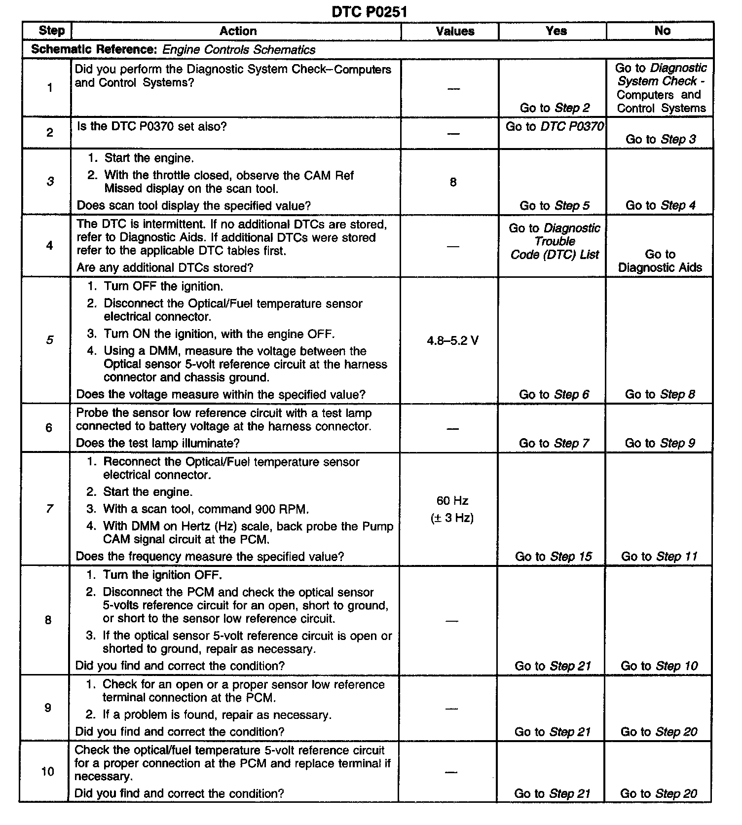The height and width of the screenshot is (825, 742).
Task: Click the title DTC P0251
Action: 370,11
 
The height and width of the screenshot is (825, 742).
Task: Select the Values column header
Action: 455,31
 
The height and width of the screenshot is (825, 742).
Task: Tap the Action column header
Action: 238,31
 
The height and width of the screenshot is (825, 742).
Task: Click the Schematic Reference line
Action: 173,50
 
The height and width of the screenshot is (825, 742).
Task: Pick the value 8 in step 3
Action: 453,182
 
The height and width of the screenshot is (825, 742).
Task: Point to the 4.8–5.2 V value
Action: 452,340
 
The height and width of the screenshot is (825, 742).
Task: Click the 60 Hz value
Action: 452,501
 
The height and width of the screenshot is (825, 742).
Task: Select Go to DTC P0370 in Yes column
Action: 555,127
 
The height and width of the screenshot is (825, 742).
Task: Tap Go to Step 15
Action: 553,557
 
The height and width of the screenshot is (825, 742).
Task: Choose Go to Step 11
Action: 659,557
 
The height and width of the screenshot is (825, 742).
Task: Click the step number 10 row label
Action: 47,771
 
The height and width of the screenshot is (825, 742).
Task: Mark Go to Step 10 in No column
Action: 659,666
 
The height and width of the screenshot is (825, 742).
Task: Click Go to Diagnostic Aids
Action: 660,261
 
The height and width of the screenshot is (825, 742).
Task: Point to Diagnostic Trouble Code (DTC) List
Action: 555,241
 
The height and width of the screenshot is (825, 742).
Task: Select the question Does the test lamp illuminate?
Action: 157,443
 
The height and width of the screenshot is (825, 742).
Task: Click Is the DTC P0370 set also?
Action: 152,126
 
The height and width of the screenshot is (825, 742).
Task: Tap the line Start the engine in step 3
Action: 148,158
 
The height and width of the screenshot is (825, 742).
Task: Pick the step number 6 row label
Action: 48,427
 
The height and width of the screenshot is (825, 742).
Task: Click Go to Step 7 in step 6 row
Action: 554,443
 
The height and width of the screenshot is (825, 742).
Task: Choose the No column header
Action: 662,31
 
